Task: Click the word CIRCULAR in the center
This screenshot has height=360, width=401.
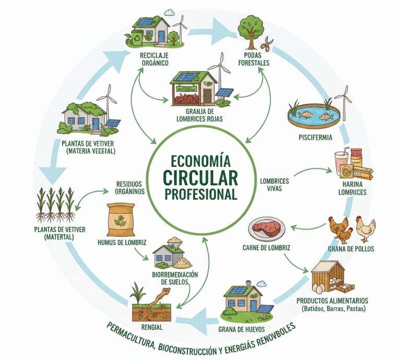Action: (200, 177)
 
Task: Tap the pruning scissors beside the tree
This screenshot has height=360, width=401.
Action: (266, 46)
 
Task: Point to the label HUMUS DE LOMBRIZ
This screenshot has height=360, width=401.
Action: (122, 243)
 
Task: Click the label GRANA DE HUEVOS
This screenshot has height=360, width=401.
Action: (241, 329)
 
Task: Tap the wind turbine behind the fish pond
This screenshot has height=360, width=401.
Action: (343, 101)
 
